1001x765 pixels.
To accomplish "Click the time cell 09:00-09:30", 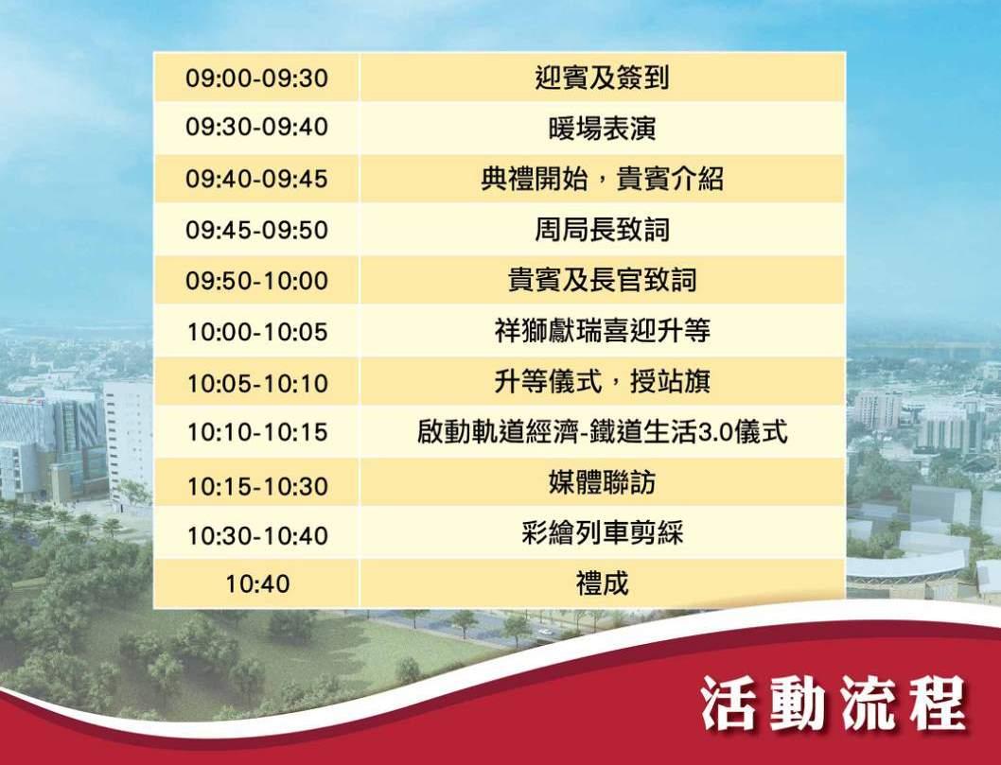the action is pyautogui.click(x=256, y=78).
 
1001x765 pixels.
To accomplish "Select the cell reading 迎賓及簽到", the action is pyautogui.click(x=602, y=78).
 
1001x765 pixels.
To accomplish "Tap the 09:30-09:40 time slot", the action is pyautogui.click(x=256, y=127).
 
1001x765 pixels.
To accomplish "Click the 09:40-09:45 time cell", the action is pyautogui.click(x=256, y=178).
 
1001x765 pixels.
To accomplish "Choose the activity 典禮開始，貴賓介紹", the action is pyautogui.click(x=602, y=179).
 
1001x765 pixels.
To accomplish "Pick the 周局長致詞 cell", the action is pyautogui.click(x=602, y=230).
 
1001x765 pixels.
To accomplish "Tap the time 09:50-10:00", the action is pyautogui.click(x=256, y=281).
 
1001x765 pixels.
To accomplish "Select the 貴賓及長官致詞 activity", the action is pyautogui.click(x=602, y=280).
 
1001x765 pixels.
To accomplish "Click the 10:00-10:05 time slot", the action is pyautogui.click(x=256, y=332).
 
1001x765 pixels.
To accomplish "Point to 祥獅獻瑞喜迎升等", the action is pyautogui.click(x=602, y=331).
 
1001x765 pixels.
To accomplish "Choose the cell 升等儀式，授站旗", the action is pyautogui.click(x=602, y=381).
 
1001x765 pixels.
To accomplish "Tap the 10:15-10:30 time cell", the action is pyautogui.click(x=256, y=486).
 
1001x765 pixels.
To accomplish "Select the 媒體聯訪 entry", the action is pyautogui.click(x=602, y=482).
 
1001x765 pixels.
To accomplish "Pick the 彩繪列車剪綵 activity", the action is pyautogui.click(x=602, y=532).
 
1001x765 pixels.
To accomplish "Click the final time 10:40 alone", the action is pyautogui.click(x=257, y=583).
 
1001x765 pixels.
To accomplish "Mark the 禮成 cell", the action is pyautogui.click(x=602, y=583).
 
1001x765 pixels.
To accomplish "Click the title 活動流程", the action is pyautogui.click(x=834, y=704).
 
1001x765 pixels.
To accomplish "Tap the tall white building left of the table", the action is pyautogui.click(x=128, y=441).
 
